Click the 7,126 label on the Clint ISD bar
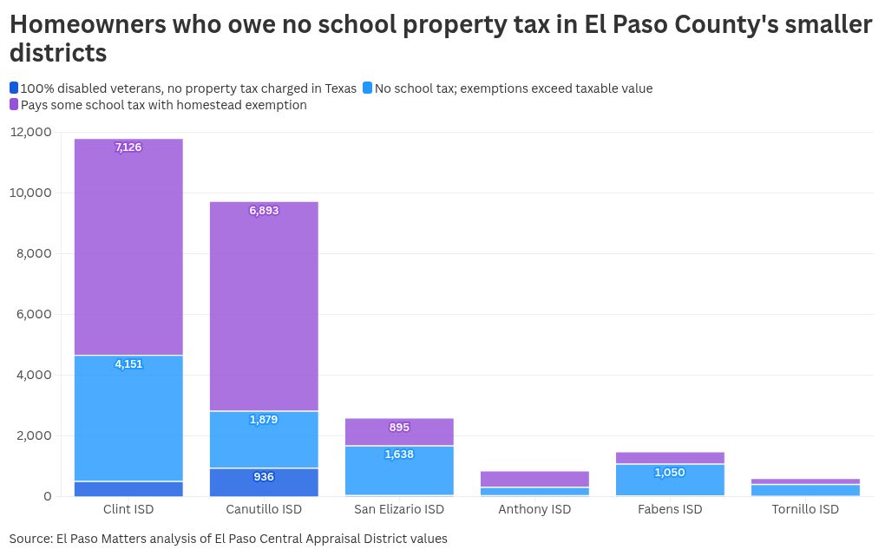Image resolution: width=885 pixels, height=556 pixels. point(128,147)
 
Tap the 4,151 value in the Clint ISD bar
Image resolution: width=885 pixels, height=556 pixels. point(128,364)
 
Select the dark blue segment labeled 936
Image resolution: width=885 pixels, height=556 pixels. point(264,482)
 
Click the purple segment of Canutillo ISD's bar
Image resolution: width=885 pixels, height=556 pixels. point(264,306)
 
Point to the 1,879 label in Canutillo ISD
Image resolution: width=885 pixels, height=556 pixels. point(264,420)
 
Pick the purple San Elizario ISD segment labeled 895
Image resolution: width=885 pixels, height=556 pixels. point(399,432)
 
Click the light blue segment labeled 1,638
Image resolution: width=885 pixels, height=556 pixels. point(399,471)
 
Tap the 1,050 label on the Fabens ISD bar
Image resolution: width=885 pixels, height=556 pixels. point(670,473)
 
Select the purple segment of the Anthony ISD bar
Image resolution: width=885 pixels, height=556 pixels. point(534,479)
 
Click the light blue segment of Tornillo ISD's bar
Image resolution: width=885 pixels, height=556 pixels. point(805,490)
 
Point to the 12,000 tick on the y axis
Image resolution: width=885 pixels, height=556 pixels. point(30,132)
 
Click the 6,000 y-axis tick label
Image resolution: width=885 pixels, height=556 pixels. point(34,314)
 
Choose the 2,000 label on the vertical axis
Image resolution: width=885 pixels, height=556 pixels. point(34,435)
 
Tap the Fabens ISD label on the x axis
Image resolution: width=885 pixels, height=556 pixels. point(670,509)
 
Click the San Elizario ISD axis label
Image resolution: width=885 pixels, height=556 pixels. point(399,509)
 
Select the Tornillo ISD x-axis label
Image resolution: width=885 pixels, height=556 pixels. point(805,509)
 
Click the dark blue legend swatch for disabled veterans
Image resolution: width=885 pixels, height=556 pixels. point(14,88)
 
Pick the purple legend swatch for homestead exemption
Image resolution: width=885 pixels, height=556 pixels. point(14,104)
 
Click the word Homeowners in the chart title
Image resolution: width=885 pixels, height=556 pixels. point(88,24)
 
